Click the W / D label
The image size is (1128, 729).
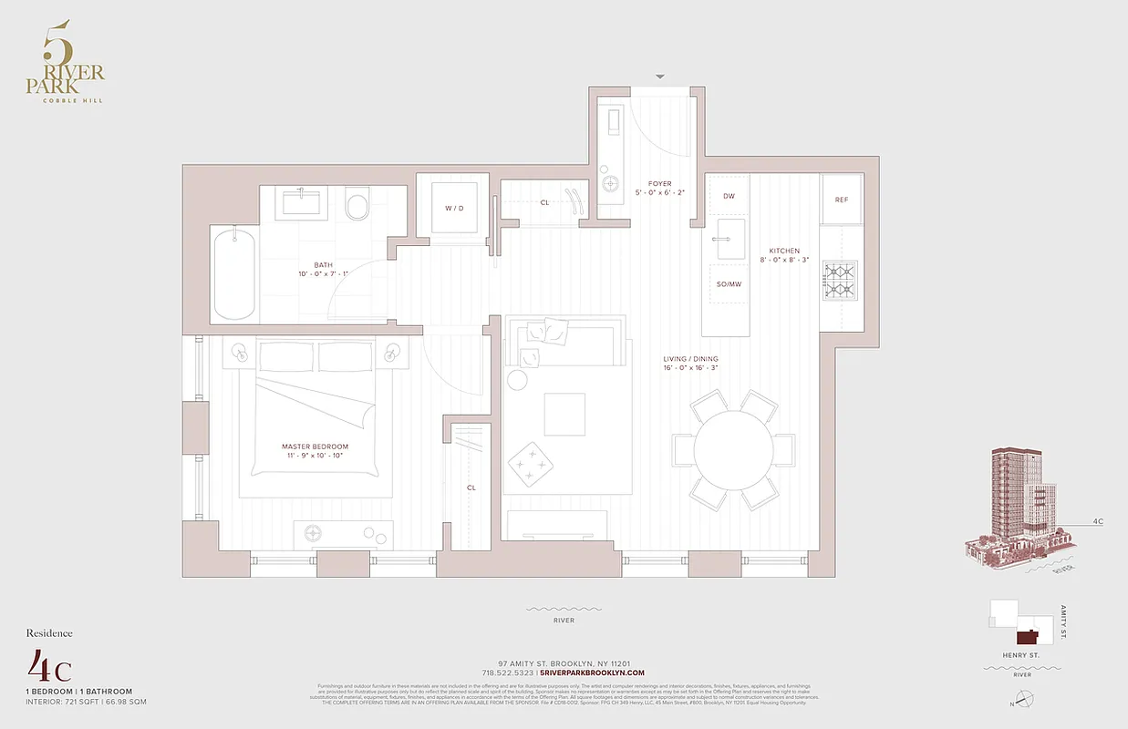(454, 209)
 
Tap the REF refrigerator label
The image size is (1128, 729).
(841, 200)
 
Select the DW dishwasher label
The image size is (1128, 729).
(729, 197)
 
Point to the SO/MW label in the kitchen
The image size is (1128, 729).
(728, 284)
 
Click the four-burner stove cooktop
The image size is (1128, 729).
(841, 280)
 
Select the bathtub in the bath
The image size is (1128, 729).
(234, 273)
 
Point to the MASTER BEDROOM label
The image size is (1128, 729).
(315, 447)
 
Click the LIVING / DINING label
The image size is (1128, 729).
(690, 359)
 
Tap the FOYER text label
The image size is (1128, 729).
(659, 184)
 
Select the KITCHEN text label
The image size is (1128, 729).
(783, 251)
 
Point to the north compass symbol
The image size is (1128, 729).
(1026, 700)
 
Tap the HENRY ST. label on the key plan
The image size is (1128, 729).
(1021, 655)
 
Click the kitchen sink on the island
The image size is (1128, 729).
(730, 240)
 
